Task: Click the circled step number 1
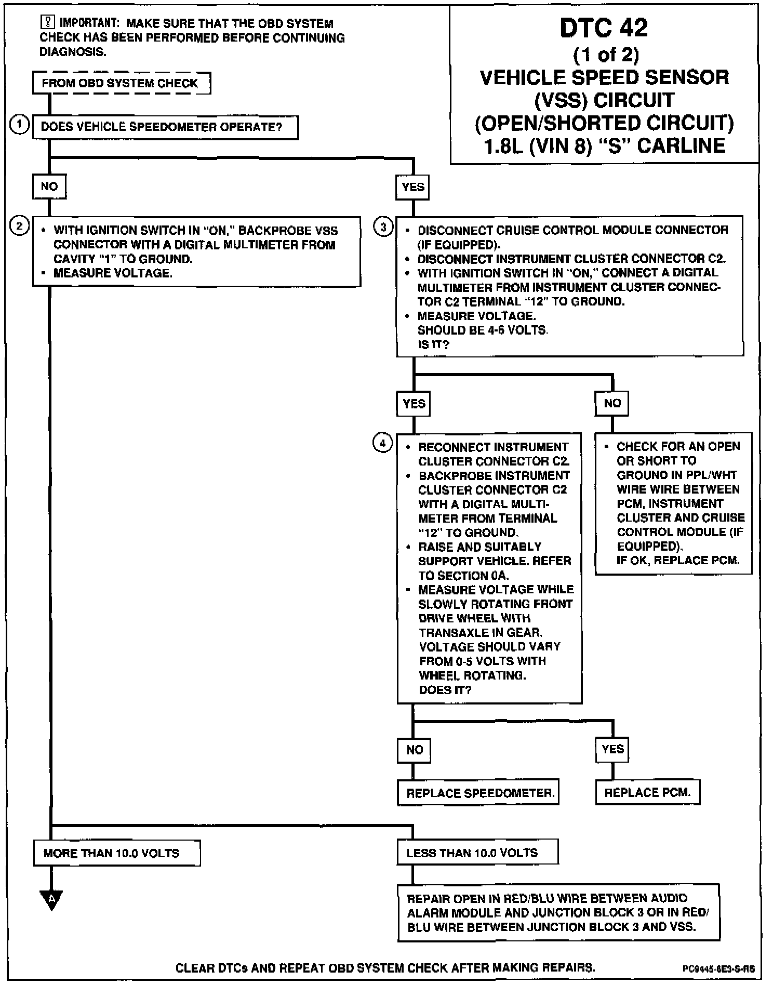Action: (x=19, y=125)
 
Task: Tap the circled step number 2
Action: (x=19, y=227)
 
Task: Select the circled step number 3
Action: (x=383, y=227)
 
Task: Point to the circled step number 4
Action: (x=383, y=443)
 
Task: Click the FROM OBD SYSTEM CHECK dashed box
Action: (x=122, y=83)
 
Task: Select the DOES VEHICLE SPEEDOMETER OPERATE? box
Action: (x=165, y=127)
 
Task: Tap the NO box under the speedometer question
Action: (x=49, y=187)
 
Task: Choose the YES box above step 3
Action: (x=413, y=187)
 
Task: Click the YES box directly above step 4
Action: (x=414, y=404)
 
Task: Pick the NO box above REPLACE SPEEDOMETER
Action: (x=414, y=750)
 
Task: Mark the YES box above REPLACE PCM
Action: (x=612, y=749)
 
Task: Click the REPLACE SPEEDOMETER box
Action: (x=478, y=793)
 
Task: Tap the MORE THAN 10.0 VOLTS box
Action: (x=117, y=853)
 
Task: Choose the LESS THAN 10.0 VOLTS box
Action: (x=477, y=853)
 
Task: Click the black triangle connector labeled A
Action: (x=51, y=899)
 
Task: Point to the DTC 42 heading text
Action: (x=604, y=28)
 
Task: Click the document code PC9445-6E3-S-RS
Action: (x=718, y=969)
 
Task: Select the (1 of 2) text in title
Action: (x=606, y=55)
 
